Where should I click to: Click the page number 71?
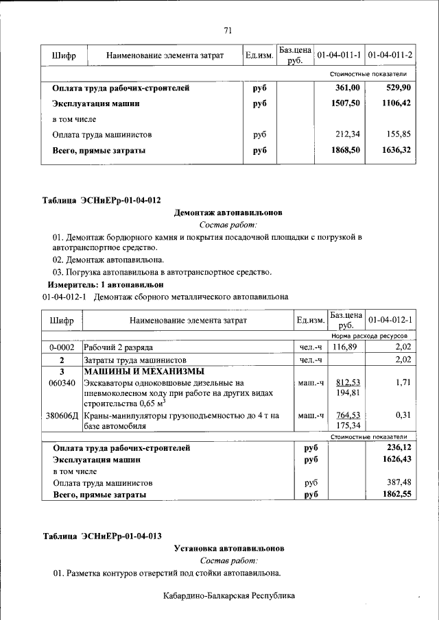228,29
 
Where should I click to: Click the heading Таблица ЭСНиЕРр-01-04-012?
102,201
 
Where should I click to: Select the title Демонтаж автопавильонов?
228,213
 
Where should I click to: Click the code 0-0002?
62,348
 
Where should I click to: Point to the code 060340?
62,383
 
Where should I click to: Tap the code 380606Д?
62,415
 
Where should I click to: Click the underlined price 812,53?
347,382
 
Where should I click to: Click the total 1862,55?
396,494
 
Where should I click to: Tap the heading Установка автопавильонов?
228,549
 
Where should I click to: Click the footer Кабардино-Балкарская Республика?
228,596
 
